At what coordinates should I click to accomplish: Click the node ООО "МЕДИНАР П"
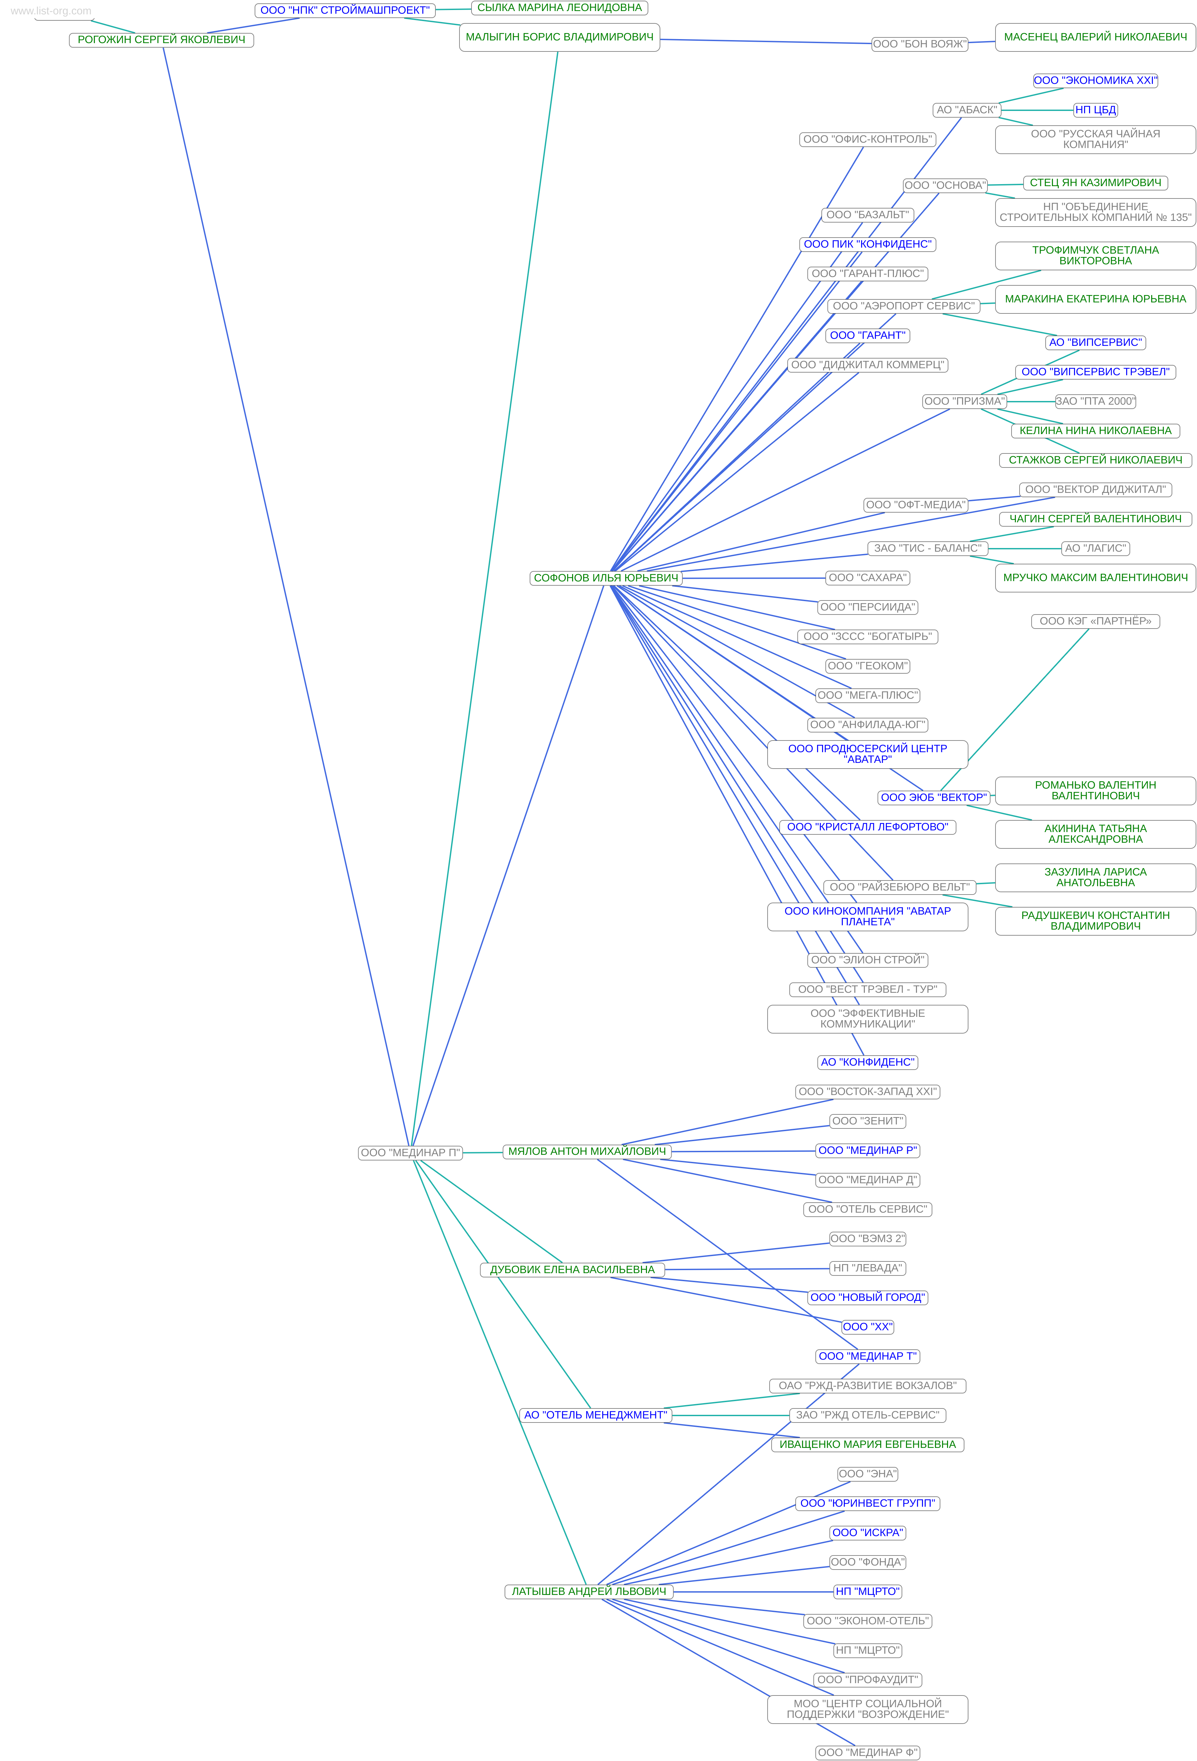pos(410,1153)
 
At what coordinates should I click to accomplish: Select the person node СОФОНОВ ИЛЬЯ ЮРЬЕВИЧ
pos(605,578)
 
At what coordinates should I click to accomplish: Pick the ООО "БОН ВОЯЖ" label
pos(919,44)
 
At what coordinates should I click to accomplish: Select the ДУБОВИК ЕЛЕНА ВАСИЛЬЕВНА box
pos(572,1269)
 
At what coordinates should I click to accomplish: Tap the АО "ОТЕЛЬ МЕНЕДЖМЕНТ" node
pos(595,1415)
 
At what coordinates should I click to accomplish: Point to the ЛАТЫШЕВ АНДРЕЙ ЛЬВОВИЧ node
pos(589,1591)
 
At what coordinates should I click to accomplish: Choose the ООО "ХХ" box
pos(868,1327)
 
